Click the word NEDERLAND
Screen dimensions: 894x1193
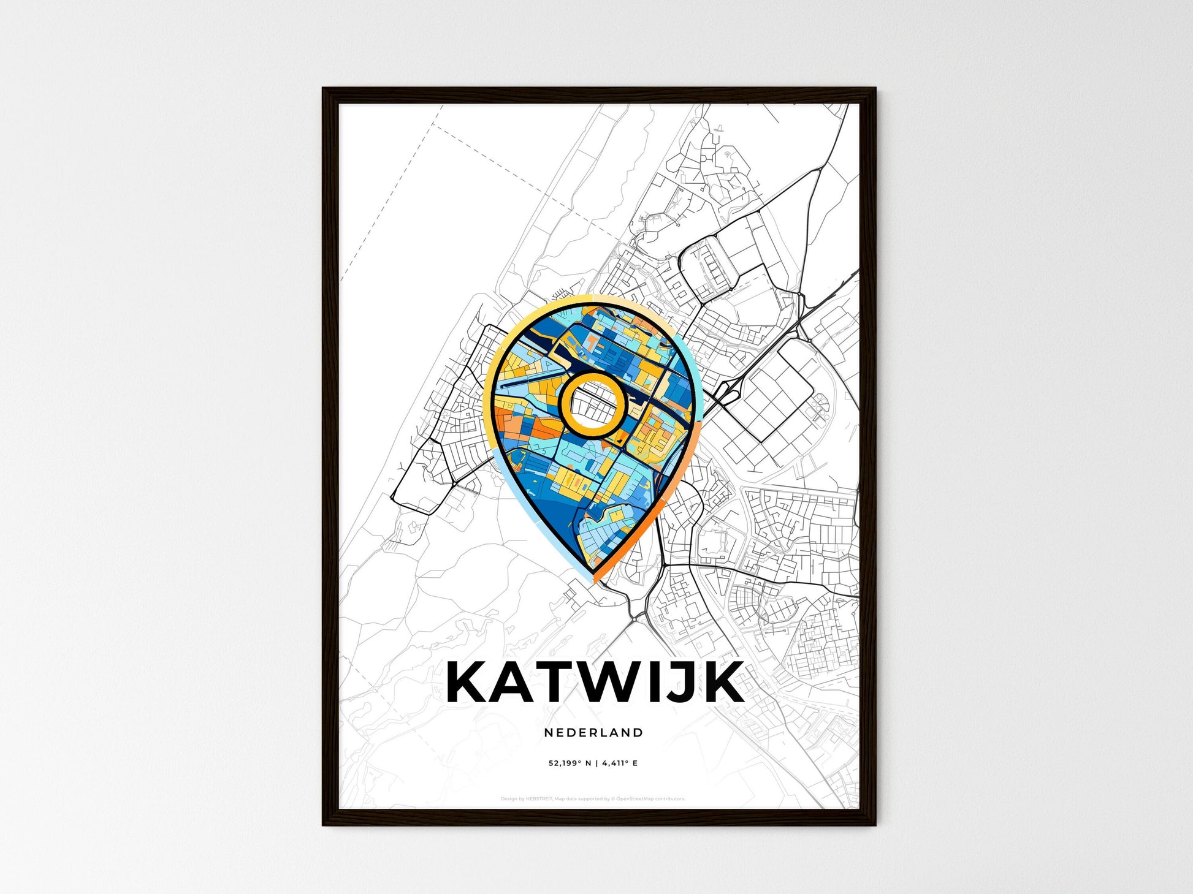593,732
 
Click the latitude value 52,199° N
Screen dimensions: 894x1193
570,763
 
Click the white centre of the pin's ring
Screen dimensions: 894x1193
592,404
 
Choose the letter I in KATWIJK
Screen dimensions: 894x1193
657,682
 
